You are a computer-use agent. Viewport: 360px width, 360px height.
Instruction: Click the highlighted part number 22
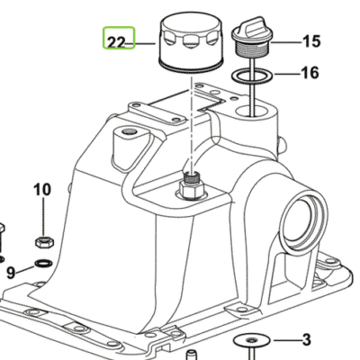116,42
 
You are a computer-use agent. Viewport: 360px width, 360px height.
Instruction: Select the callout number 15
311,41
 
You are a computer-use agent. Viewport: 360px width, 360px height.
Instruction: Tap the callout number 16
310,73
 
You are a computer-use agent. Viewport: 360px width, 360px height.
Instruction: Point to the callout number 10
42,190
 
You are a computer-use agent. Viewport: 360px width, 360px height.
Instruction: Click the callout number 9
11,273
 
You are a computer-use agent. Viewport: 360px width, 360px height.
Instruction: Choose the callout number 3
306,340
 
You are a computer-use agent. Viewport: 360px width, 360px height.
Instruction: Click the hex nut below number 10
44,241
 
